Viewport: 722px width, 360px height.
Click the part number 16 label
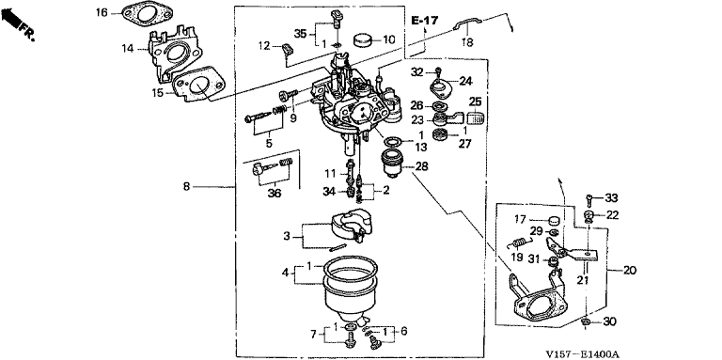(102, 12)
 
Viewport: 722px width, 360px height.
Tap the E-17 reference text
(425, 21)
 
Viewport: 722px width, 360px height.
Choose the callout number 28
(422, 165)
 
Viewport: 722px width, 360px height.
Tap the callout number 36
(274, 195)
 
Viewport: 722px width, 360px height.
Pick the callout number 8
(186, 187)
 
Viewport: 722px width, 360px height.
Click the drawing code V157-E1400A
(583, 354)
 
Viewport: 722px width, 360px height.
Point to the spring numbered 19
(520, 242)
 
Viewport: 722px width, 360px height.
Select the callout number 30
(610, 321)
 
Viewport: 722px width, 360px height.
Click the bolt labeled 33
(589, 198)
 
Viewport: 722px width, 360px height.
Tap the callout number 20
(630, 270)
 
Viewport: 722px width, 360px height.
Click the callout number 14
(128, 48)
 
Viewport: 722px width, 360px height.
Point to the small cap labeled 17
(554, 219)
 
